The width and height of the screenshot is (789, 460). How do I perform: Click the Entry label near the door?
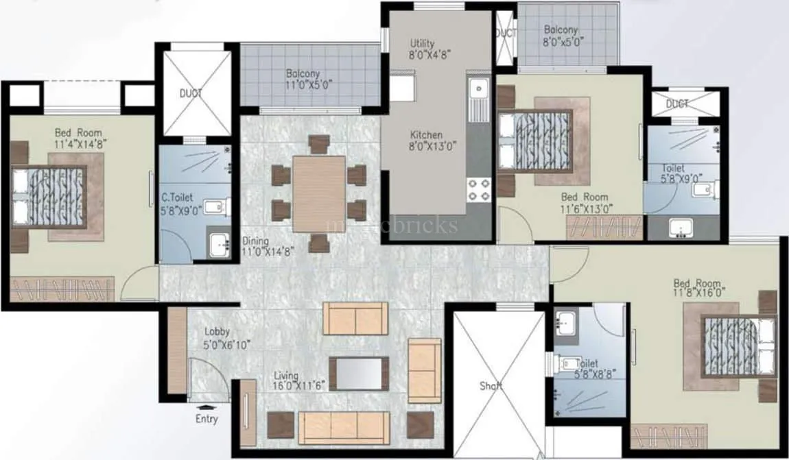click(x=206, y=418)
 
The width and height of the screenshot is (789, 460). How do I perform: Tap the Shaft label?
click(x=491, y=386)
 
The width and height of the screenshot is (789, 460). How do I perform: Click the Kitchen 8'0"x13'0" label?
click(x=427, y=140)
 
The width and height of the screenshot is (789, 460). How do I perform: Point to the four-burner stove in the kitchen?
click(x=478, y=189)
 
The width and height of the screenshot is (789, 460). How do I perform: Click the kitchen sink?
click(x=478, y=89)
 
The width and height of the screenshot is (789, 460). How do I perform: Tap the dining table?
click(x=319, y=194)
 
